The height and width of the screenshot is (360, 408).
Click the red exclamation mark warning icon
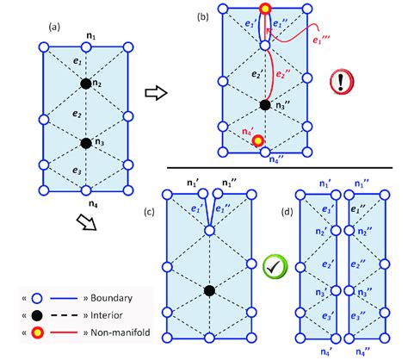click(x=342, y=84)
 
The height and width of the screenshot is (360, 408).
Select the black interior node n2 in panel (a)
click(x=85, y=84)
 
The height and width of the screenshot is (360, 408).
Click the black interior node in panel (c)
click(x=209, y=291)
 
